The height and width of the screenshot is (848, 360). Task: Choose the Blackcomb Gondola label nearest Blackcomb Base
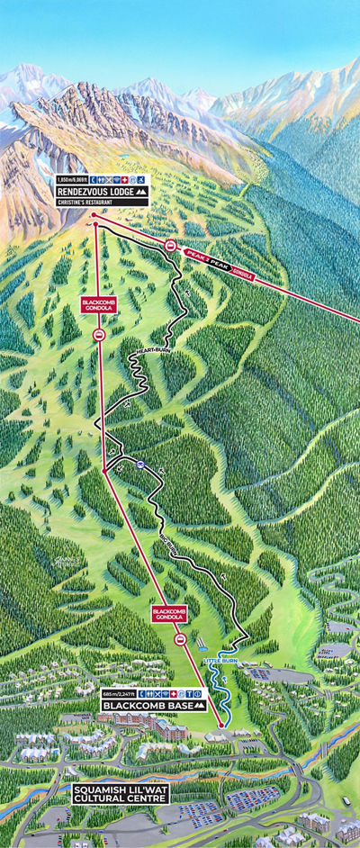169,616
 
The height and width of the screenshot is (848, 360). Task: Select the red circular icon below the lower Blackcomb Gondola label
181,639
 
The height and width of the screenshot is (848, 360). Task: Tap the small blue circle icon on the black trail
140,465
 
